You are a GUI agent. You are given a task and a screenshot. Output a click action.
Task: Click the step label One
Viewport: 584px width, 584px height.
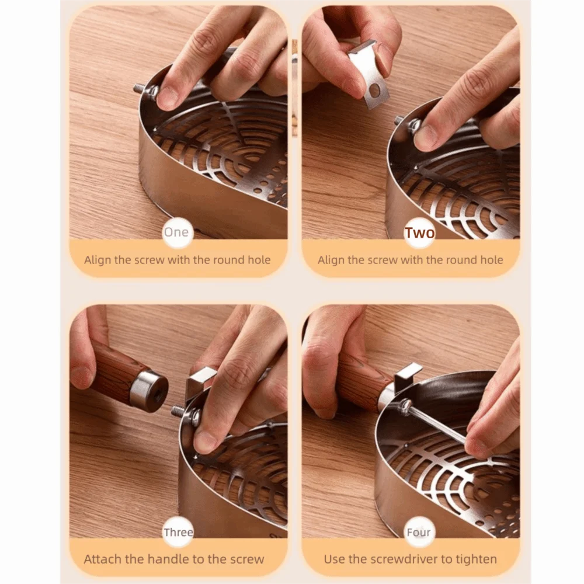(x=176, y=232)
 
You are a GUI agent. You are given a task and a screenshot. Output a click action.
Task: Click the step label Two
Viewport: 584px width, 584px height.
(x=420, y=232)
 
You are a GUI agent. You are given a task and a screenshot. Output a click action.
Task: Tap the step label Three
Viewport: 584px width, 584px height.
(x=178, y=532)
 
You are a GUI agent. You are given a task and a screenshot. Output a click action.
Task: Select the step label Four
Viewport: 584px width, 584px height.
(x=419, y=532)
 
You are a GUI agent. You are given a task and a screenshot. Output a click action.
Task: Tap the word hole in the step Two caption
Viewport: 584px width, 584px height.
(x=492, y=260)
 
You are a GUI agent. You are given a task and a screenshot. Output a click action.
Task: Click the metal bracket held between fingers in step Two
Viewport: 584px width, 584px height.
(x=369, y=75)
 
